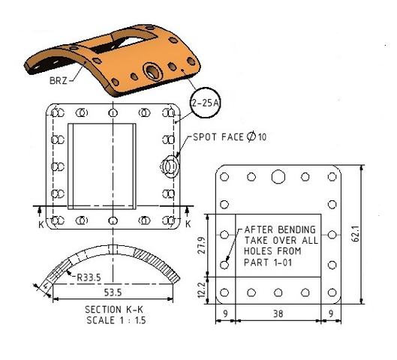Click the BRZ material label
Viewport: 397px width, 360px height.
59,81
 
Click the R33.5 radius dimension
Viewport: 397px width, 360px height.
89,277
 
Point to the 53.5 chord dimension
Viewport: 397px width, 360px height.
113,292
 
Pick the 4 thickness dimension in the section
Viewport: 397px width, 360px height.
46,286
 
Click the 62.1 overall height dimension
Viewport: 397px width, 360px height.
356,234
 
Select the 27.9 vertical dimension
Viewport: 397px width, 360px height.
202,245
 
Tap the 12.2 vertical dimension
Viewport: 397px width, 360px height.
202,290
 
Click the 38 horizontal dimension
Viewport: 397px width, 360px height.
278,313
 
